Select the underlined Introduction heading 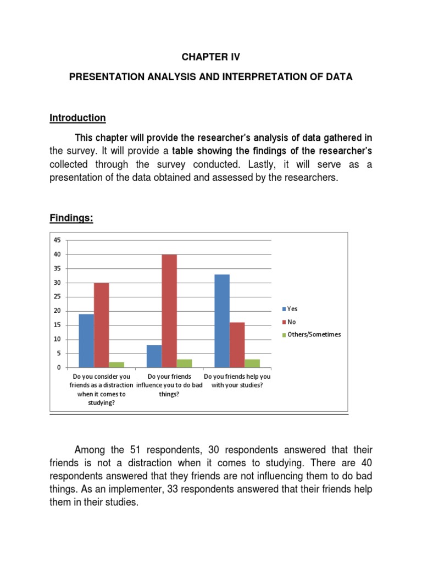click(x=77, y=118)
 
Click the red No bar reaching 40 click(x=169, y=311)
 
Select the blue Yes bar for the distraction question click(x=86, y=340)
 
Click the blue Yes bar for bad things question click(x=154, y=356)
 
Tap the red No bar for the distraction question click(x=101, y=325)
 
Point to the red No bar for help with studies click(x=237, y=345)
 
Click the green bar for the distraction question click(x=116, y=365)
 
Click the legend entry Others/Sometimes click(x=310, y=334)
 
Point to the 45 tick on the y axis click(x=57, y=240)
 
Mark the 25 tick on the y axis click(x=57, y=297)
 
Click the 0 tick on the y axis click(x=58, y=367)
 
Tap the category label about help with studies click(x=237, y=381)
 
